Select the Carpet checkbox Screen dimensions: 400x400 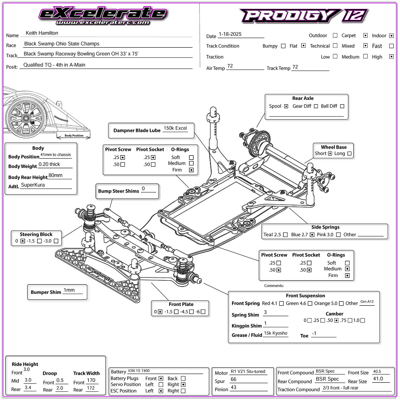point(365,35)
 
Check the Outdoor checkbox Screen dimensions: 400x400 point(335,35)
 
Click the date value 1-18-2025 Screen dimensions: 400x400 point(230,34)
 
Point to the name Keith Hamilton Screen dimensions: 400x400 point(42,33)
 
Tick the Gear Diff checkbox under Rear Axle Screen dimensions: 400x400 point(316,106)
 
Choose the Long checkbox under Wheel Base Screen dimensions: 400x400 point(349,153)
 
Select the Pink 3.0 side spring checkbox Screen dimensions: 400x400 point(338,235)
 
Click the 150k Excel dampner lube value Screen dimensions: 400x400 point(175,128)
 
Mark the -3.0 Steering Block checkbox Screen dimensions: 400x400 point(56,241)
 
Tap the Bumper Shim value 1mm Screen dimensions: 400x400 point(69,290)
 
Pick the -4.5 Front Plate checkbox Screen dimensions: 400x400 point(191,312)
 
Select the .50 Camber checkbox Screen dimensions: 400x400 point(336,320)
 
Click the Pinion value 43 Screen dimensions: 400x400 point(233,387)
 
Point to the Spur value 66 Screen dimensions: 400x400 point(233,379)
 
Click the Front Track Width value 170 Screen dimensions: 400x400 point(91,380)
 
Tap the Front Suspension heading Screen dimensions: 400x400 point(305,295)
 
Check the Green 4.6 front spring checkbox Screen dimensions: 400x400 point(310,303)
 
